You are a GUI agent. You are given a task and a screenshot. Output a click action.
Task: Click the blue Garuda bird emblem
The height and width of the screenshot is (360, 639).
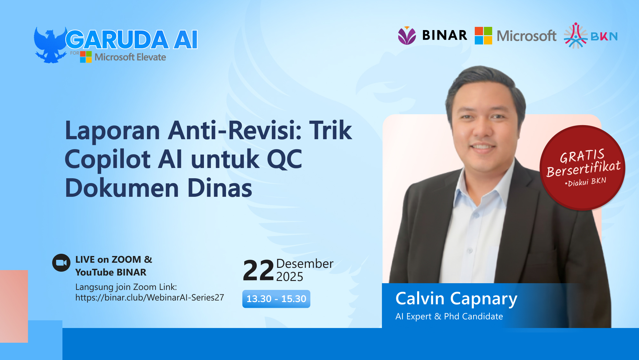[50, 45]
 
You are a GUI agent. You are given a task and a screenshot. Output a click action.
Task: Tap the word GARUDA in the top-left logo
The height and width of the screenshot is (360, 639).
[117, 40]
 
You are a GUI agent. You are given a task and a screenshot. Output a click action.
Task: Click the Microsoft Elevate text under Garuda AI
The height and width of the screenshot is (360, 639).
[130, 57]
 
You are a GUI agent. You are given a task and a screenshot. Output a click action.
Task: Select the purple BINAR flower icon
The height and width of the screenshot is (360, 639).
[407, 36]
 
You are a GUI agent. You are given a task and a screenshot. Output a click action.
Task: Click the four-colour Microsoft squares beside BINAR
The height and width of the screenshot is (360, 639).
[483, 36]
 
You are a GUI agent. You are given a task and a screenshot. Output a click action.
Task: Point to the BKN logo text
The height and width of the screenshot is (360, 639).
[604, 36]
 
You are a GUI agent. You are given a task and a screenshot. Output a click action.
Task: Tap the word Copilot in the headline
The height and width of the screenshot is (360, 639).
[108, 159]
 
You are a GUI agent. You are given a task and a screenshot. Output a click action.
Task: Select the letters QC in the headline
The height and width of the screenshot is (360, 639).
[284, 159]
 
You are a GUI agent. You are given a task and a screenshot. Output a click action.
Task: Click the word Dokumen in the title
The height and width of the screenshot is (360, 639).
[122, 188]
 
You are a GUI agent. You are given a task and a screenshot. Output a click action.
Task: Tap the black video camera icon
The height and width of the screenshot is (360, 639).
[61, 263]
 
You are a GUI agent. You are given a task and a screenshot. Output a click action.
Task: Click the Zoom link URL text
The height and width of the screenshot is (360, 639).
[150, 298]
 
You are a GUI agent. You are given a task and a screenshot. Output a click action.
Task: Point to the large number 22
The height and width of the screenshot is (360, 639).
[258, 271]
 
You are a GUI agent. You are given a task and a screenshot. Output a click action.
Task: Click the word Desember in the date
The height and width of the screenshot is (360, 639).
[304, 264]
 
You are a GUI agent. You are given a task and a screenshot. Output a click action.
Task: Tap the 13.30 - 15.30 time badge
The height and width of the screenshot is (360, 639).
[276, 299]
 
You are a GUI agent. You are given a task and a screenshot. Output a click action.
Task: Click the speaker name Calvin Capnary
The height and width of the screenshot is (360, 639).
[456, 299]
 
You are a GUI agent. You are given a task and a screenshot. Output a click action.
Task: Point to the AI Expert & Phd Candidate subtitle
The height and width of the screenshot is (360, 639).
[449, 316]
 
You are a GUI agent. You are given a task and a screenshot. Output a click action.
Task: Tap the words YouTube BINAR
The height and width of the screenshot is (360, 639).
[111, 272]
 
